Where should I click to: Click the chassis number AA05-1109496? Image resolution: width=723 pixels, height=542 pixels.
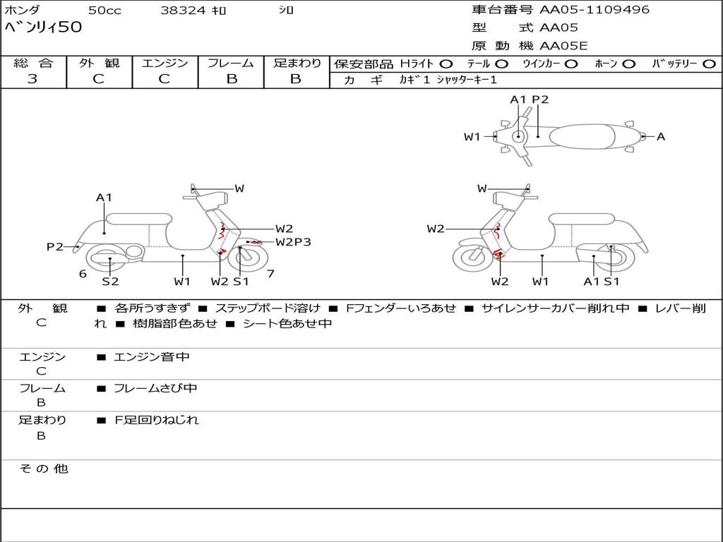pyautogui.click(x=594, y=10)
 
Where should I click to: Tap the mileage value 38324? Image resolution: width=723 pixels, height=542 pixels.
pyautogui.click(x=183, y=11)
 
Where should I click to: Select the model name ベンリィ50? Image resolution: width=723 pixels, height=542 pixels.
pyautogui.click(x=44, y=28)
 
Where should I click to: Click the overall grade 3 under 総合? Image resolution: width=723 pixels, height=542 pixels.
pyautogui.click(x=32, y=79)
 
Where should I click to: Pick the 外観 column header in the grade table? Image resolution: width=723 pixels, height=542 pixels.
pyautogui.click(x=99, y=64)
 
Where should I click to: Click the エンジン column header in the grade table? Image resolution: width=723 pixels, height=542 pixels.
pyautogui.click(x=165, y=64)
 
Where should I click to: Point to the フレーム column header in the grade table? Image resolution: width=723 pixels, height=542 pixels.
pyautogui.click(x=231, y=64)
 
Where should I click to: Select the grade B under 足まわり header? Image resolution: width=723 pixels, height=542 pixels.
pyautogui.click(x=296, y=79)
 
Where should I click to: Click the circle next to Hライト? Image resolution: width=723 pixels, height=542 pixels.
pyautogui.click(x=446, y=64)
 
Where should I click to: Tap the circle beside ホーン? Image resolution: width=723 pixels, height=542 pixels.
pyautogui.click(x=629, y=64)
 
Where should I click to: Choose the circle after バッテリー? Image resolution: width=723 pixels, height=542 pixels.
pyautogui.click(x=710, y=64)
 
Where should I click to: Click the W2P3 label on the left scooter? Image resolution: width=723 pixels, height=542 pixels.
pyautogui.click(x=293, y=242)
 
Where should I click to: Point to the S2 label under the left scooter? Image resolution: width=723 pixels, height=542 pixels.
pyautogui.click(x=110, y=282)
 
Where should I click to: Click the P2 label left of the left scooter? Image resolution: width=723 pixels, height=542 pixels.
pyautogui.click(x=55, y=247)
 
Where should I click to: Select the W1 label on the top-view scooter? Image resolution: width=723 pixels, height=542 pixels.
pyautogui.click(x=472, y=137)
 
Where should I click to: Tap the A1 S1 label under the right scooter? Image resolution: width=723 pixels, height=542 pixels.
pyautogui.click(x=601, y=282)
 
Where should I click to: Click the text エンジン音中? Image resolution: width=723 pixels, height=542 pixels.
pyautogui.click(x=152, y=357)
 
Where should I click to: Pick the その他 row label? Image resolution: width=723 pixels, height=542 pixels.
pyautogui.click(x=43, y=469)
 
